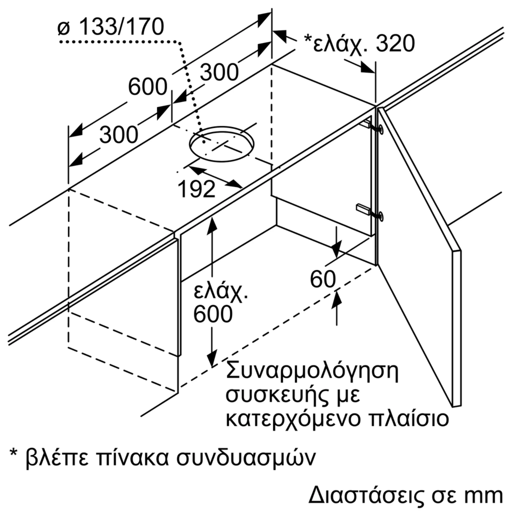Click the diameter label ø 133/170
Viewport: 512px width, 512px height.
point(111,27)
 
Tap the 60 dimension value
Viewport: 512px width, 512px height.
point(323,280)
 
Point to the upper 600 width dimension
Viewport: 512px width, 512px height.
point(148,87)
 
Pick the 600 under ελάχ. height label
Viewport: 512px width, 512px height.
point(213,314)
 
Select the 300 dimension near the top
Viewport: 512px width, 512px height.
point(219,72)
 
